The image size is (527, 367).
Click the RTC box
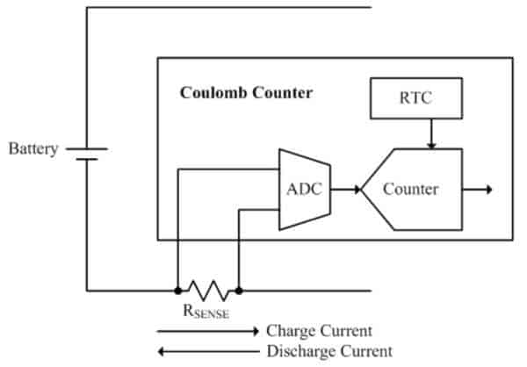tap(416, 98)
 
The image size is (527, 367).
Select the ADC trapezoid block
tap(305, 190)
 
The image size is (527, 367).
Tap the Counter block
tap(412, 190)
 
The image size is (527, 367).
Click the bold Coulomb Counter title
tap(246, 93)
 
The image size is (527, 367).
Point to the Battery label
tap(33, 149)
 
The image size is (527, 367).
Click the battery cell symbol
tap(87, 154)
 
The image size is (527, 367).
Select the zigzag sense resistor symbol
tap(208, 291)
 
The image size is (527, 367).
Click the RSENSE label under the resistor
tap(206, 311)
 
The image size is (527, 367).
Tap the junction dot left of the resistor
tap(178, 291)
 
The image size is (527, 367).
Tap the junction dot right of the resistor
tap(239, 291)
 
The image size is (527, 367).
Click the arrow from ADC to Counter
tap(345, 190)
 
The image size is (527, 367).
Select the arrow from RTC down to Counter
tap(431, 133)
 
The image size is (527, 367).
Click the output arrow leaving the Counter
tap(477, 190)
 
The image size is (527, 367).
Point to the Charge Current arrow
tap(207, 331)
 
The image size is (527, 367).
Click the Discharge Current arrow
tap(208, 351)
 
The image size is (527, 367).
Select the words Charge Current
tap(320, 331)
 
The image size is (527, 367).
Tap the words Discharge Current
tap(329, 351)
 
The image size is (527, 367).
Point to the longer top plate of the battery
tap(87, 148)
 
